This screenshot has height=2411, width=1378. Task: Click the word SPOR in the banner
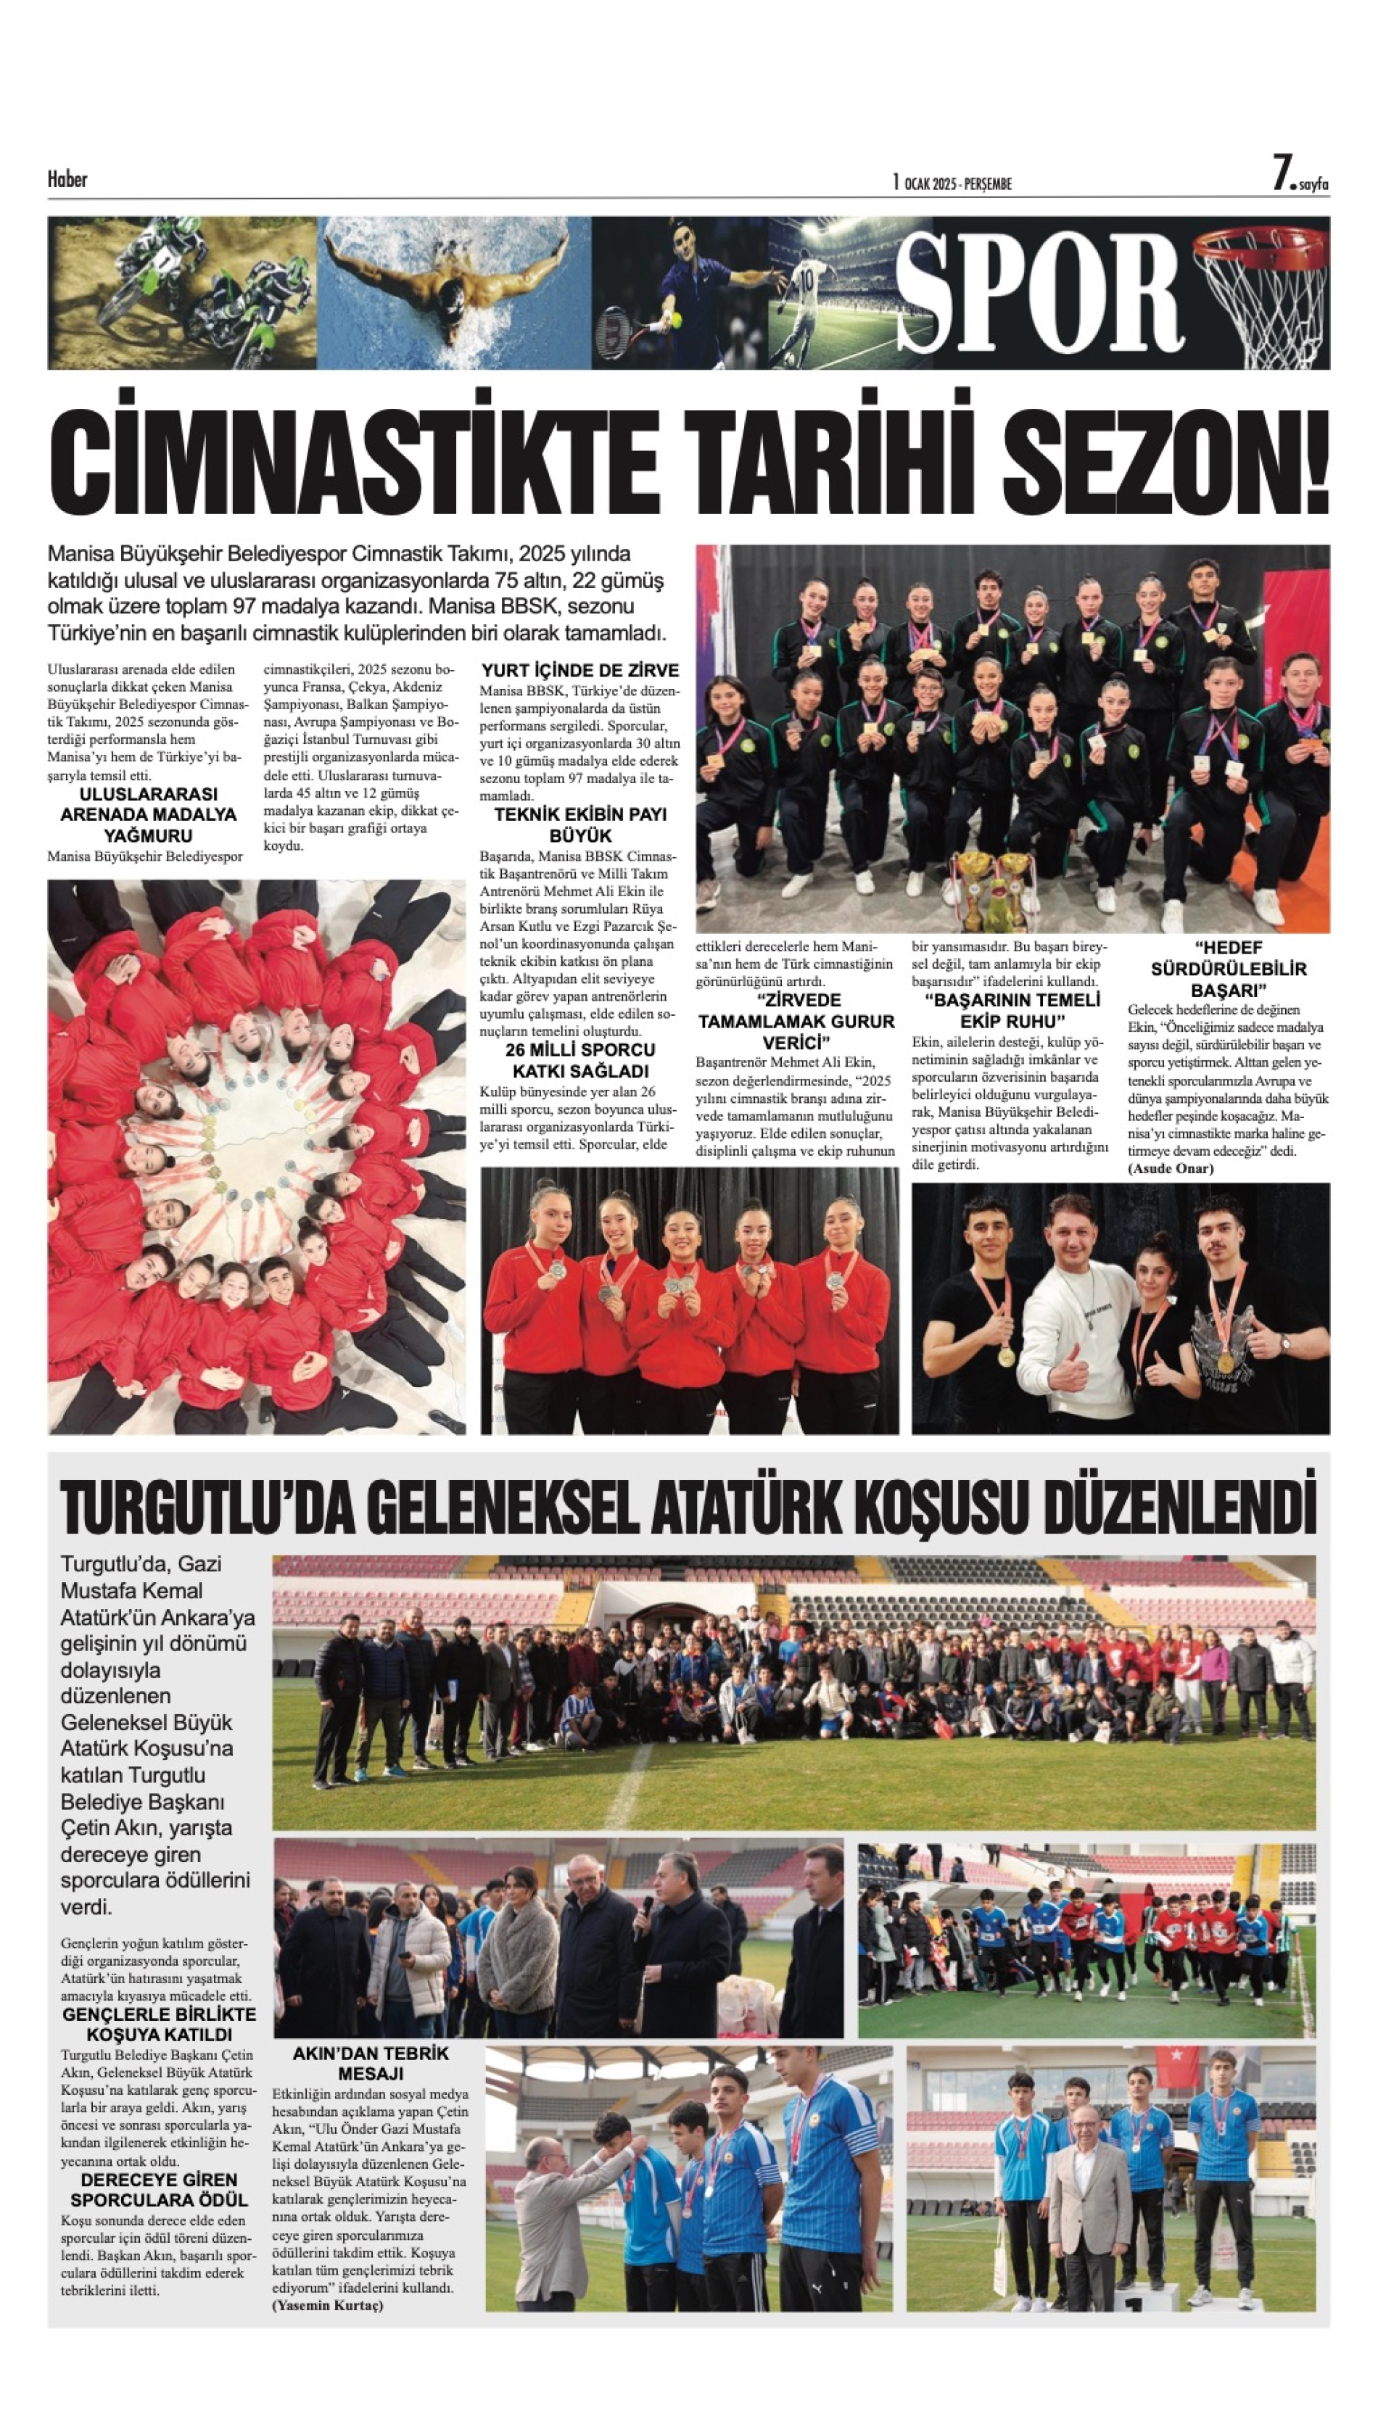tap(1039, 291)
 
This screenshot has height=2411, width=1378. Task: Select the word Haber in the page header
tap(67, 179)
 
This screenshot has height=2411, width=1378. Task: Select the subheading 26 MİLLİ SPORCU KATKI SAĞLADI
tap(580, 1060)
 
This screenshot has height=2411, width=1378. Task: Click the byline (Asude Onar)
tap(1170, 1169)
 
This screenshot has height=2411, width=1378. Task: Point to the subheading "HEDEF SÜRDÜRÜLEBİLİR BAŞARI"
tap(1228, 968)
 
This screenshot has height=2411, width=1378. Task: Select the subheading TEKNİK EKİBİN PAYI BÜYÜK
tap(580, 824)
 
